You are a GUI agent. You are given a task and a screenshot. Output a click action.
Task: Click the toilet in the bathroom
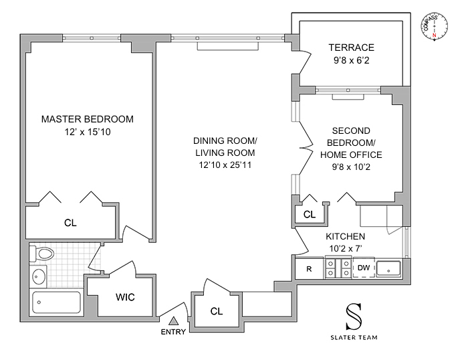(41, 254)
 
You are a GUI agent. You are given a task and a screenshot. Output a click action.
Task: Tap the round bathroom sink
(38, 276)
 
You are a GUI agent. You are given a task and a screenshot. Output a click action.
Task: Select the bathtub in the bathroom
(56, 302)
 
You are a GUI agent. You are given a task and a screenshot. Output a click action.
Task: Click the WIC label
(125, 297)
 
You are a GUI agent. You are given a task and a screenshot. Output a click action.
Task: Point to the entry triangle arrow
(173, 321)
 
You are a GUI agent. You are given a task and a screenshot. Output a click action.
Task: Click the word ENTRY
(173, 332)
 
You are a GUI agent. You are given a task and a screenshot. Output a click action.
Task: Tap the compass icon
(435, 26)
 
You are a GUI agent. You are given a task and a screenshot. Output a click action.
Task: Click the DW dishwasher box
(364, 268)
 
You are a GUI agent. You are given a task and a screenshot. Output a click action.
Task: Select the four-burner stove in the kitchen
(338, 268)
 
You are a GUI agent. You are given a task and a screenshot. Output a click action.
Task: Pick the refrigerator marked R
(309, 268)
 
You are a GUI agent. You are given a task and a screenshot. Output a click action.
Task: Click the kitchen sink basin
(388, 268)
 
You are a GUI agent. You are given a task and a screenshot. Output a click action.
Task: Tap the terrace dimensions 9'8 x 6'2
(351, 61)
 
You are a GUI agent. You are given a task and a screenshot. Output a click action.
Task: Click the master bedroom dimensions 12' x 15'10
(88, 132)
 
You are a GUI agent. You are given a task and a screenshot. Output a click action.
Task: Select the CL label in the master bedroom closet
(70, 223)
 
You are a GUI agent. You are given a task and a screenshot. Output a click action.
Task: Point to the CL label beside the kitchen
(309, 214)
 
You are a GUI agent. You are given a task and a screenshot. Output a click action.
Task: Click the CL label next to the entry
(217, 311)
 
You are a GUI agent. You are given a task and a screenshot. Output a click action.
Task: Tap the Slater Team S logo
(354, 317)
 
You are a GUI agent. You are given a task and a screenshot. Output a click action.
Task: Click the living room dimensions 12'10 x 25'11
(225, 165)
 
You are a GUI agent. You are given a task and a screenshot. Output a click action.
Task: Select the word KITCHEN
(346, 236)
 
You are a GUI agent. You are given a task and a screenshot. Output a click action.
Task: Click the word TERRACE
(351, 48)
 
